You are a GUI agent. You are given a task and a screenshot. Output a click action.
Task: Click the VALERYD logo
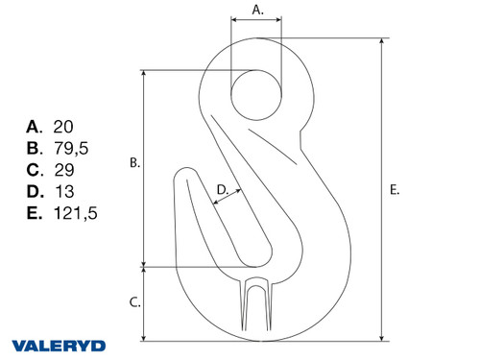pyautogui.click(x=60, y=344)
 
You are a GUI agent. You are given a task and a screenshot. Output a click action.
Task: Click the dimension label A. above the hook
pyautogui.click(x=256, y=11)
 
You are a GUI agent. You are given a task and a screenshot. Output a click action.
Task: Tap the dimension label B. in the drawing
pyautogui.click(x=134, y=164)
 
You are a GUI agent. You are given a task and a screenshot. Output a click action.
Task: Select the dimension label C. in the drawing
pyautogui.click(x=134, y=302)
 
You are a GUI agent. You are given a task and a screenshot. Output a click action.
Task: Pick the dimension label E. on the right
pyautogui.click(x=395, y=190)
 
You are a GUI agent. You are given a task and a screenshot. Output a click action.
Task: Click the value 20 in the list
pyautogui.click(x=64, y=127)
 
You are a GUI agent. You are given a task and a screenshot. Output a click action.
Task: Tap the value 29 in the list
pyautogui.click(x=64, y=170)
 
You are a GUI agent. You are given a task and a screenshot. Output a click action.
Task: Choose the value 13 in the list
pyautogui.click(x=63, y=191)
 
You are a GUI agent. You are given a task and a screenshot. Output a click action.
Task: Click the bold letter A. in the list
pyautogui.click(x=36, y=127)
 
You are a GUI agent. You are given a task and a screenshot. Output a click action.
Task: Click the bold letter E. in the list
pyautogui.click(x=36, y=213)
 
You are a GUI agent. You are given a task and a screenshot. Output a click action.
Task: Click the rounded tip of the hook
pyautogui.click(x=184, y=179)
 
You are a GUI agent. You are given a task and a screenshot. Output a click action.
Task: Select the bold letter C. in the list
pyautogui.click(x=36, y=170)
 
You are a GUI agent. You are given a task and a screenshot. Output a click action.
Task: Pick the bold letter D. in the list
pyautogui.click(x=36, y=191)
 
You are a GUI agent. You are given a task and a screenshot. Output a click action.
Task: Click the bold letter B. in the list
pyautogui.click(x=36, y=148)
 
